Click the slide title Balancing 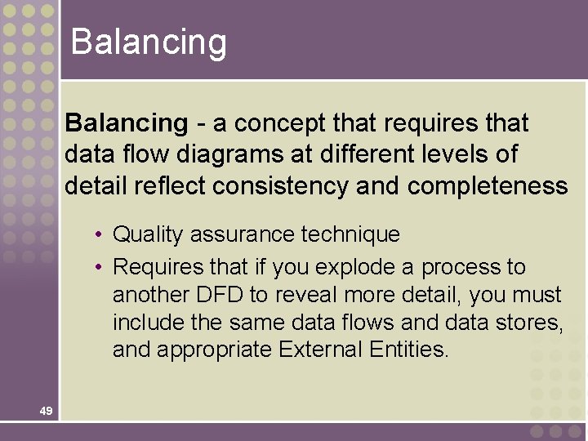coord(149,42)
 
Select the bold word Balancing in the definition coord(127,123)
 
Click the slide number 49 coord(46,411)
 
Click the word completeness coord(488,186)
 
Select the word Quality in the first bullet coord(148,235)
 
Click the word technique coord(351,235)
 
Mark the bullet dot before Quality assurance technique coord(97,235)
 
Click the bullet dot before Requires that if coord(97,267)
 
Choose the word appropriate coord(214,351)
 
